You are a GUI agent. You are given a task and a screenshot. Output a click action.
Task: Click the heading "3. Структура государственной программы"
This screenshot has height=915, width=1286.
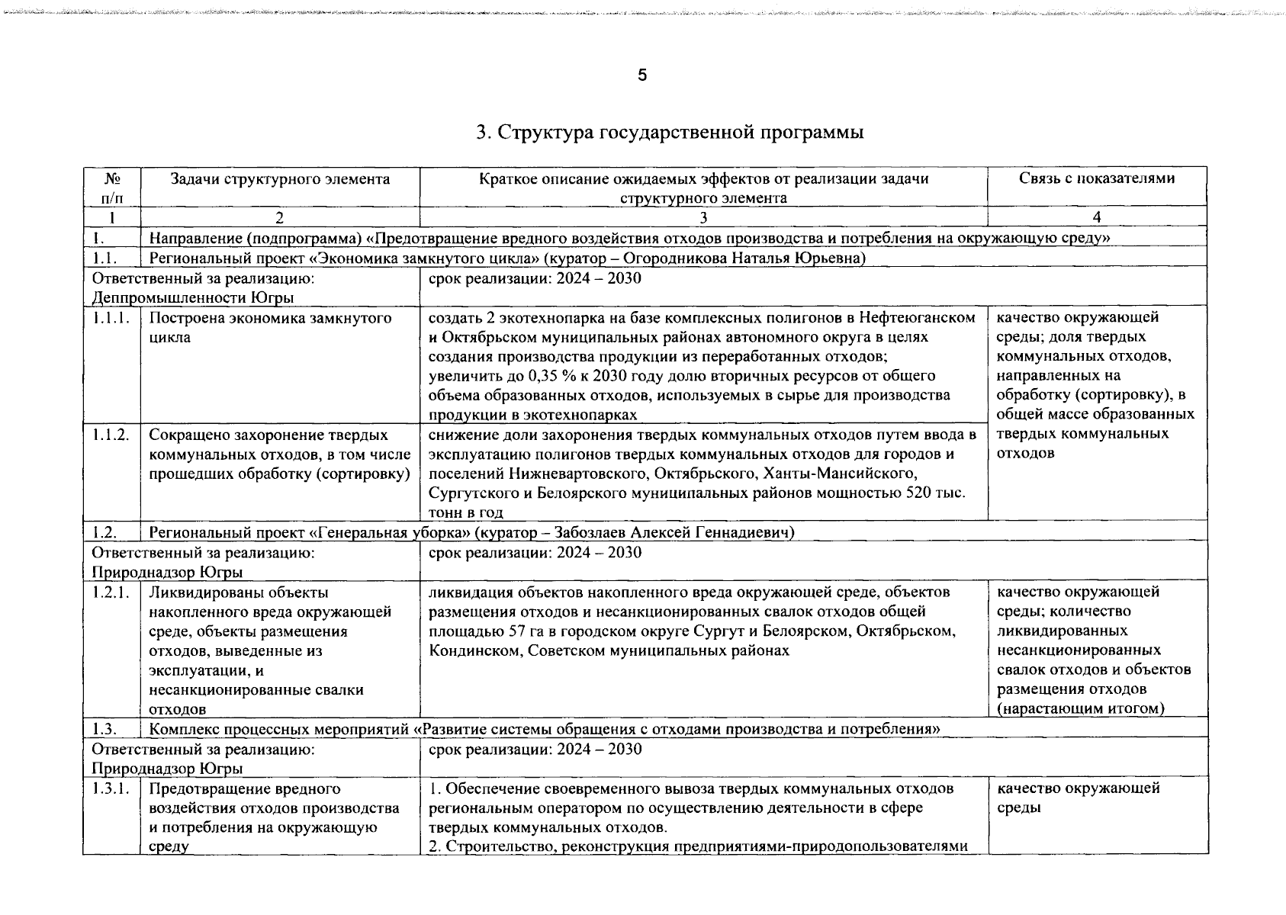click(670, 133)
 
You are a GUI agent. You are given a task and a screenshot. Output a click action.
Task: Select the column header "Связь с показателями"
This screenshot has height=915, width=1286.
click(1097, 179)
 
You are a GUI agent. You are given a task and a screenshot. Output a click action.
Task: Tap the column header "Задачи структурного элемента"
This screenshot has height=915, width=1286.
click(279, 179)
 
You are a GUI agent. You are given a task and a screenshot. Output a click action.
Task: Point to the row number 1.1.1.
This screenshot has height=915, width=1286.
click(111, 317)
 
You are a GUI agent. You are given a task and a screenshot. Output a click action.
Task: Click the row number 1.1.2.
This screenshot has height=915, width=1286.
click(111, 435)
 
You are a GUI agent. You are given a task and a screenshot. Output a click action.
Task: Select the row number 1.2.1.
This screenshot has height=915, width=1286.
click(111, 592)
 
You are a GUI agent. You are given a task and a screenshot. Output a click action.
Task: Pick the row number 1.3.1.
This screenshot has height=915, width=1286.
click(111, 788)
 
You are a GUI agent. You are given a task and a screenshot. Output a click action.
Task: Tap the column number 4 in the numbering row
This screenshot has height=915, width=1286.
click(1097, 217)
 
